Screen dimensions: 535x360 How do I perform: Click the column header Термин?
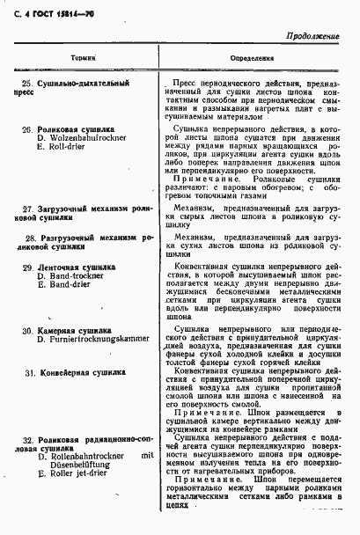pos(84,59)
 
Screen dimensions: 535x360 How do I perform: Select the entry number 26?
pos(27,128)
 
